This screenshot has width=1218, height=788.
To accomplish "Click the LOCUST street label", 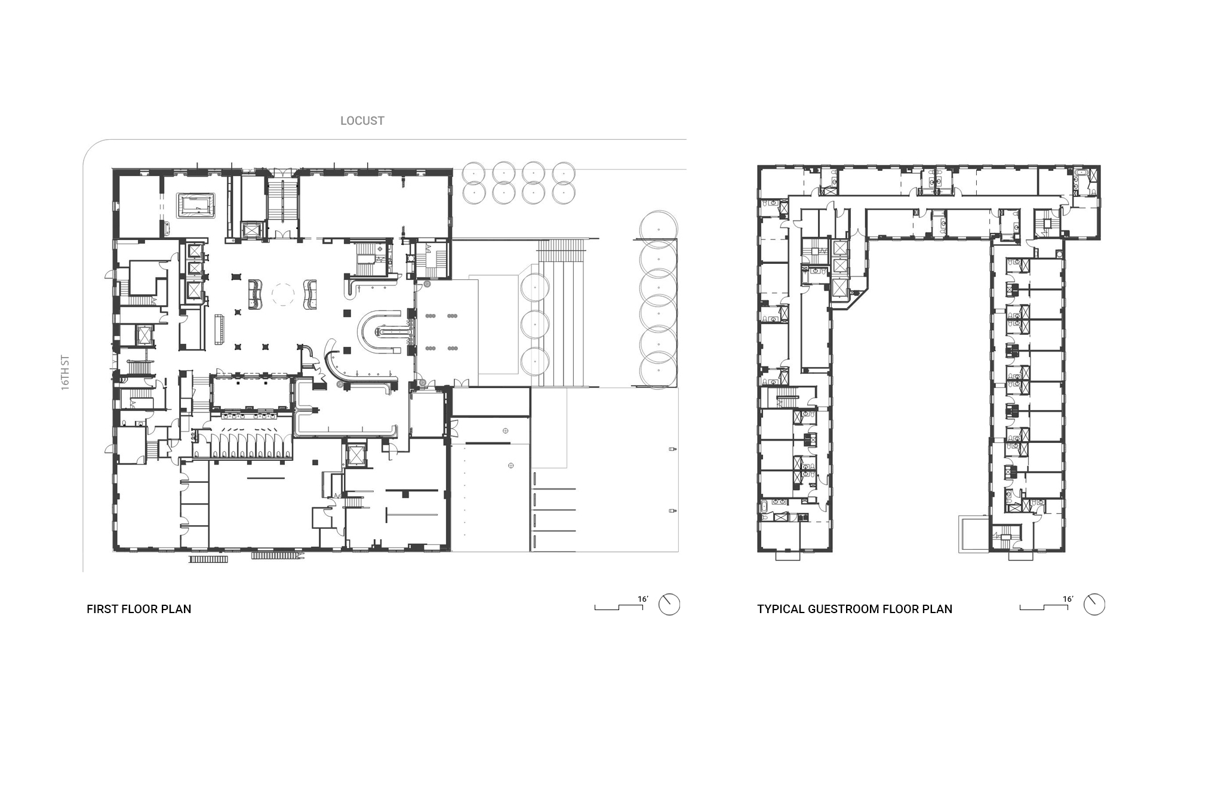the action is [362, 121].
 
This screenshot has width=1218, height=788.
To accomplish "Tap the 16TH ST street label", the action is [66, 373].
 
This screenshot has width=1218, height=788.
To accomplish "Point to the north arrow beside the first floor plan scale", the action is [669, 604].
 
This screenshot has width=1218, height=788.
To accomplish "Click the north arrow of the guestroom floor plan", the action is [1094, 604].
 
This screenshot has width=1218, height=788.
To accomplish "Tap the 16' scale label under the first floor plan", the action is [642, 599].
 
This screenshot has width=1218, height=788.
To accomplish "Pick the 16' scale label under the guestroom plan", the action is [1068, 599].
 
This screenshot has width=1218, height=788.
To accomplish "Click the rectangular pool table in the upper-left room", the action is [195, 205].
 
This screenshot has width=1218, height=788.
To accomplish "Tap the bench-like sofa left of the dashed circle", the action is [256, 294].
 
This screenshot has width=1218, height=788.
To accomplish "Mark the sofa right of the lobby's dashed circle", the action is [310, 294].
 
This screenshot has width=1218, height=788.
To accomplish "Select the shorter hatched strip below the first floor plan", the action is [208, 559].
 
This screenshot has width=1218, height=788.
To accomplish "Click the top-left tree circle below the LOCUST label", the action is [473, 173].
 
